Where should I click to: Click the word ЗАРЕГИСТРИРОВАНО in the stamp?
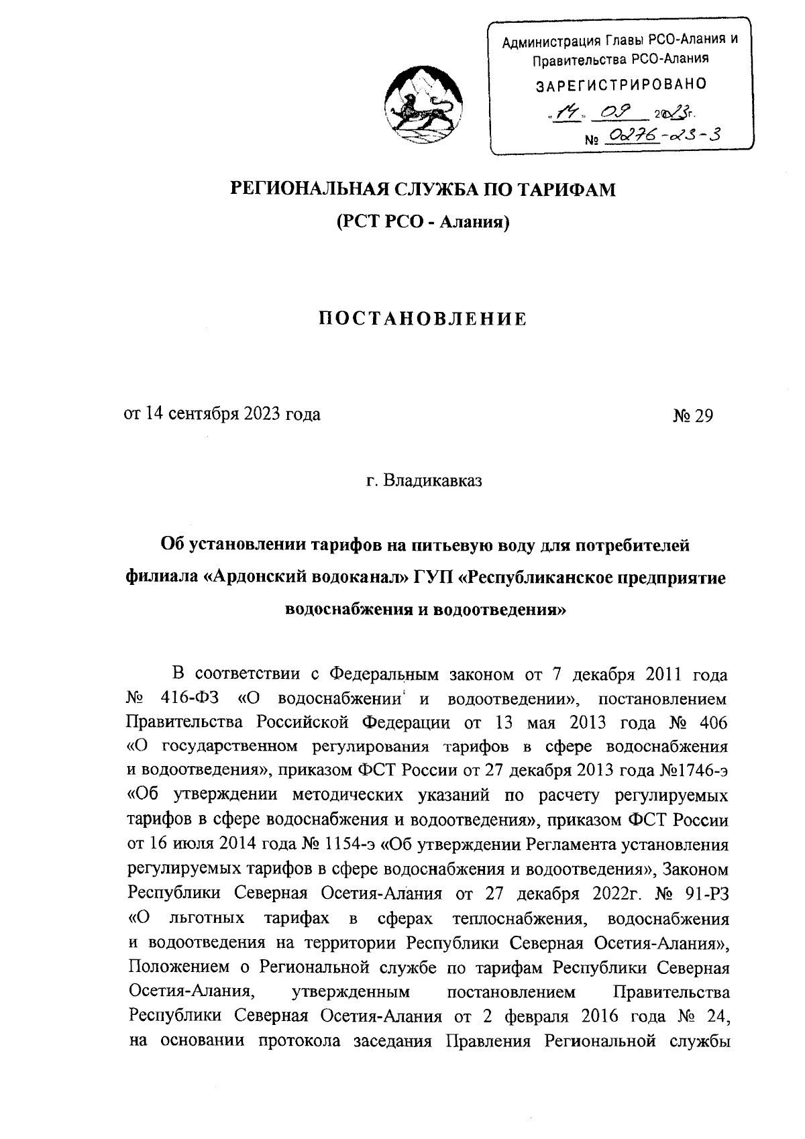click(x=621, y=85)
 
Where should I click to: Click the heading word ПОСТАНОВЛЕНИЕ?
click(x=422, y=319)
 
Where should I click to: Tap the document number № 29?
click(x=693, y=415)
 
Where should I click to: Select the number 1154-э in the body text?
click(x=349, y=843)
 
